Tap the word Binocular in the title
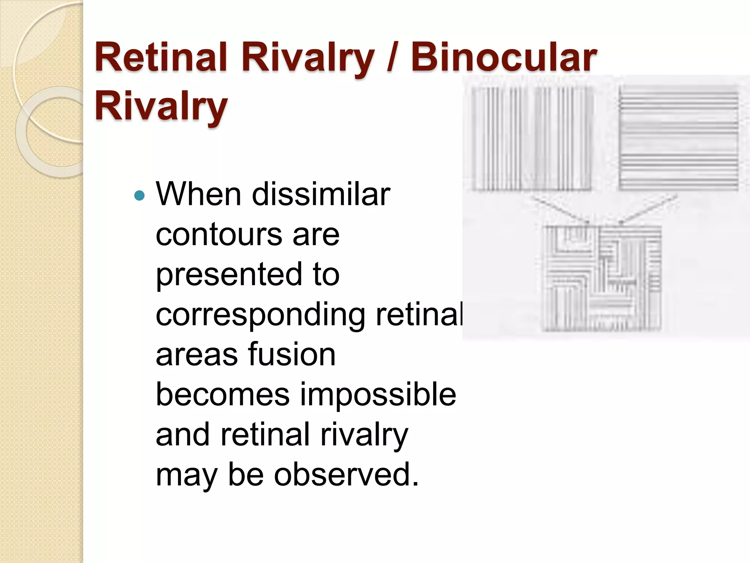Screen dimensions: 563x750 pyautogui.click(x=504, y=58)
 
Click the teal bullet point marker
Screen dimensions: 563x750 pyautogui.click(x=140, y=195)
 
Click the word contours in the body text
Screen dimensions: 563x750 pyautogui.click(x=219, y=235)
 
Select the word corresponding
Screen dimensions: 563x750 pyautogui.click(x=260, y=315)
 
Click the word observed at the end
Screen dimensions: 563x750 pyautogui.click(x=346, y=475)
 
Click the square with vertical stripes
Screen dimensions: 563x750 pyautogui.click(x=531, y=139)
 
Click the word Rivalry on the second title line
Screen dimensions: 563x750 pyautogui.click(x=161, y=106)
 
